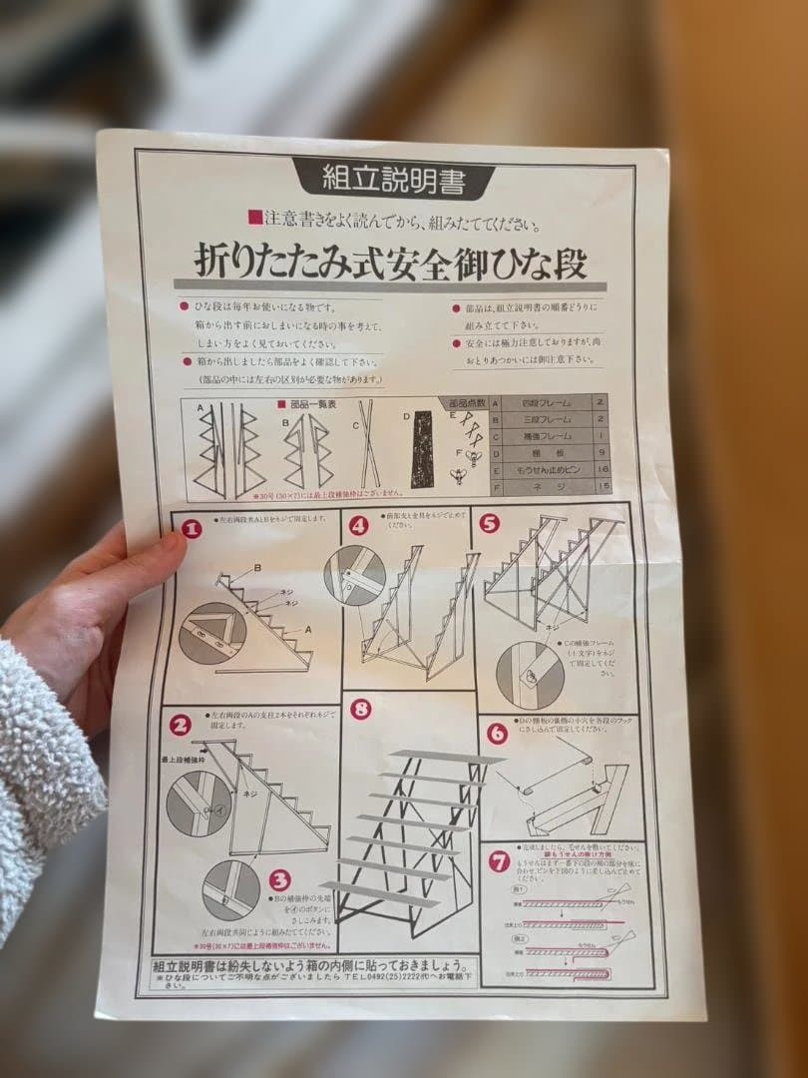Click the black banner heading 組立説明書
392,179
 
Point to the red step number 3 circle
279,880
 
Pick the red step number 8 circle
361,710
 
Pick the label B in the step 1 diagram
257,568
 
